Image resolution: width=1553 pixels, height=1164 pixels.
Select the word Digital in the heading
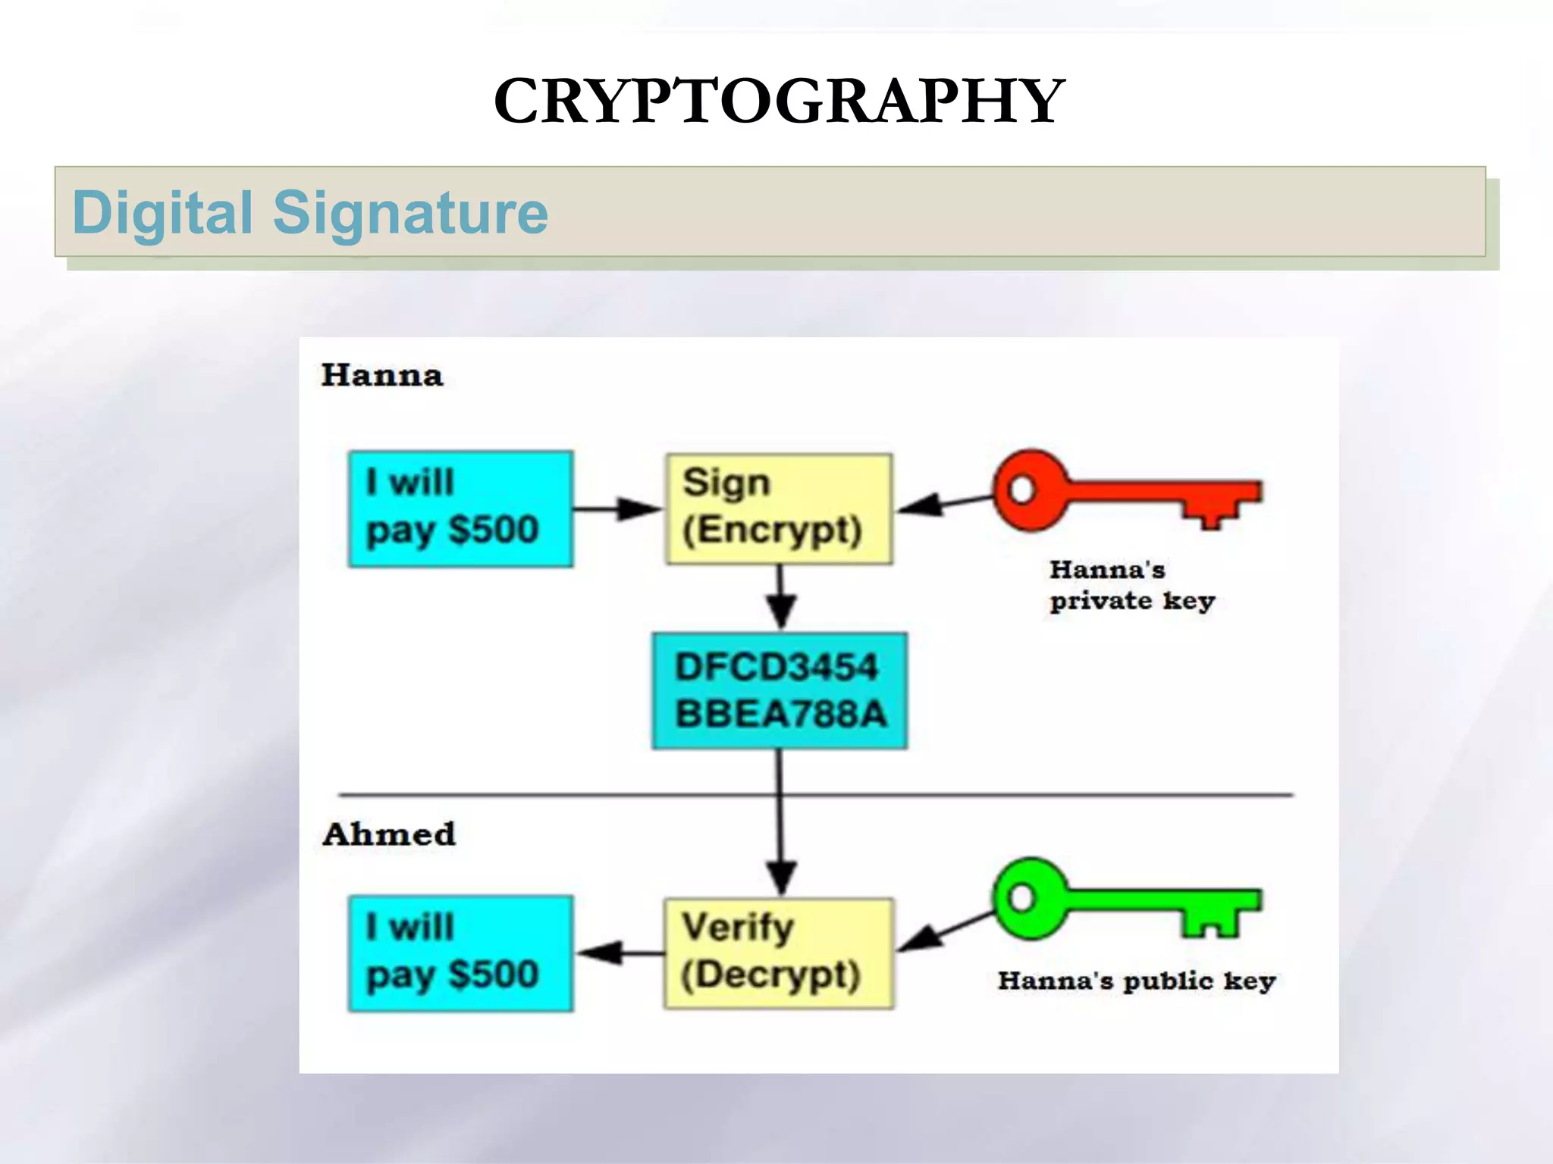click(162, 213)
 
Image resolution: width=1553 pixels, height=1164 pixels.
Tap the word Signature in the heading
click(409, 213)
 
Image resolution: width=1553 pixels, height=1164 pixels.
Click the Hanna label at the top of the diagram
click(381, 376)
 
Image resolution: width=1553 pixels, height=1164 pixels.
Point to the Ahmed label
click(388, 834)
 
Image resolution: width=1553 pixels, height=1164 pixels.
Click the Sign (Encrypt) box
click(778, 508)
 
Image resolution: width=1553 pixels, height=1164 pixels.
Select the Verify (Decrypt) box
click(778, 953)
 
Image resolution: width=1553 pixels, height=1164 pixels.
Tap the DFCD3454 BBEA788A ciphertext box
click(780, 690)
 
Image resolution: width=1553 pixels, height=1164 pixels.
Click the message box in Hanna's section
click(460, 508)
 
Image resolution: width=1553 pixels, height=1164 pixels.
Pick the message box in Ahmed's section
click(460, 953)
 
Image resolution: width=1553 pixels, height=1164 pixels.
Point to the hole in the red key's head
click(1021, 489)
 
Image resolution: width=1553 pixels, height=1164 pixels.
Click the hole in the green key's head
click(1021, 897)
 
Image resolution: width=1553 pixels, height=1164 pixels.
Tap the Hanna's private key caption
click(1131, 585)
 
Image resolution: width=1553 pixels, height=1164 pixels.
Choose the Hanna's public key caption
click(1136, 981)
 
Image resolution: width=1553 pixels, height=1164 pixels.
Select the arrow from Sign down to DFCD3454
click(780, 599)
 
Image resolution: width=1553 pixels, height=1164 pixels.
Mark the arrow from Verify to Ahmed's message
click(620, 953)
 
